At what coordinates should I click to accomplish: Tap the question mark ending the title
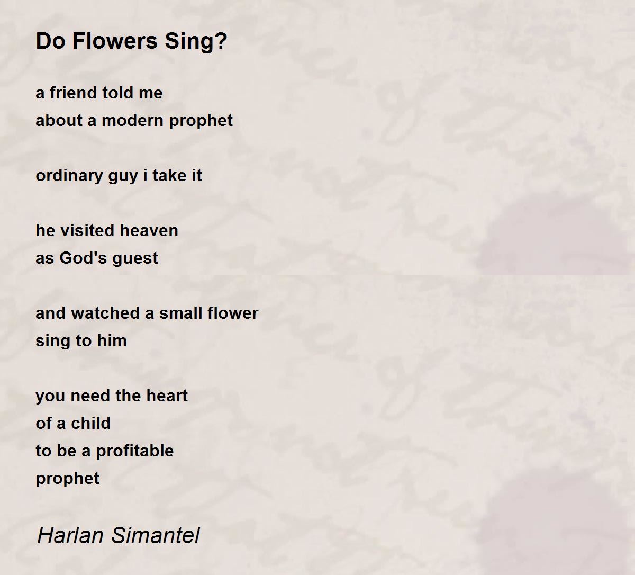coord(221,41)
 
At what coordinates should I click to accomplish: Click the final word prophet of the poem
coord(67,479)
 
